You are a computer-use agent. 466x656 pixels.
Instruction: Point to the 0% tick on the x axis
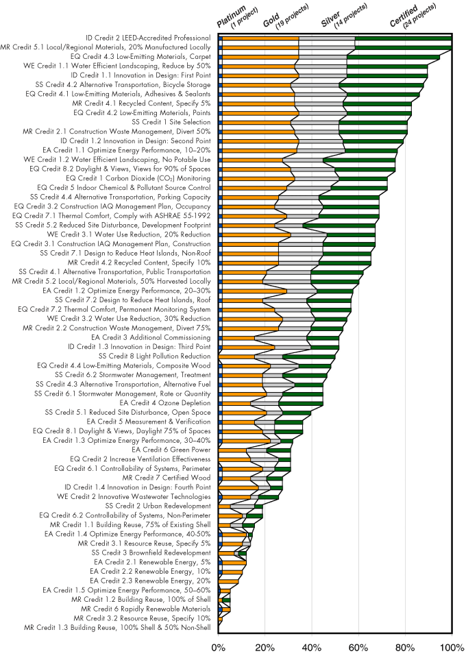coord(219,646)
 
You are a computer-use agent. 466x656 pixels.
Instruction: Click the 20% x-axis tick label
coord(265,646)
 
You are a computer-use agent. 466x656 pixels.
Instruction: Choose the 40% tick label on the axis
coord(312,646)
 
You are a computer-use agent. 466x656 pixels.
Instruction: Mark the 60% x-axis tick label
coord(358,646)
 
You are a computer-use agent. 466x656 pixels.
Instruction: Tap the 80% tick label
coord(405,646)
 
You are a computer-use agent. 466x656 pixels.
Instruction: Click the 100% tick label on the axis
coord(450,646)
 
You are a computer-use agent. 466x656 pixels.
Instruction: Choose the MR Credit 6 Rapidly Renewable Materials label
coord(146,609)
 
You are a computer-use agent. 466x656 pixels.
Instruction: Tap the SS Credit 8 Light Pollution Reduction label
coord(154,356)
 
